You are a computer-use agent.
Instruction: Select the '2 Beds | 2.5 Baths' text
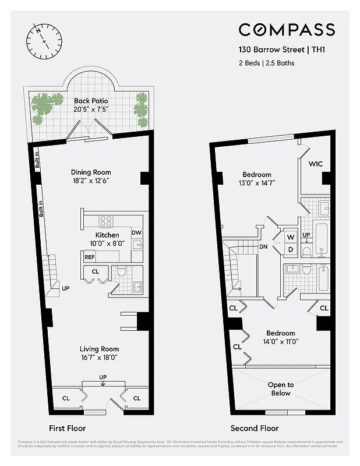(266, 62)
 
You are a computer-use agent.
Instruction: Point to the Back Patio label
(91, 101)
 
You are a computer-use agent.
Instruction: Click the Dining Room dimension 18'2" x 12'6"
(91, 181)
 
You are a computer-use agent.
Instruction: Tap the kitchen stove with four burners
(106, 220)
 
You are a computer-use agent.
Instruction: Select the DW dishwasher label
(136, 233)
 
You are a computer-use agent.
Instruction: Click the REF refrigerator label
(90, 257)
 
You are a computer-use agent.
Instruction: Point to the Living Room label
(99, 349)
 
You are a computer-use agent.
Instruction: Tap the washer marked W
(290, 237)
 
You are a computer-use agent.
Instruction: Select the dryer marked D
(290, 249)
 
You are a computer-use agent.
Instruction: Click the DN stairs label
(263, 246)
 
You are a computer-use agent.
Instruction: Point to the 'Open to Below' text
(281, 389)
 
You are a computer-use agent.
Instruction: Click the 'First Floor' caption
(68, 428)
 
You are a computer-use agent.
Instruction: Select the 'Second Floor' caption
(255, 428)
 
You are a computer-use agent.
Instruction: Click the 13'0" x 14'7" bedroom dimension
(257, 183)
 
